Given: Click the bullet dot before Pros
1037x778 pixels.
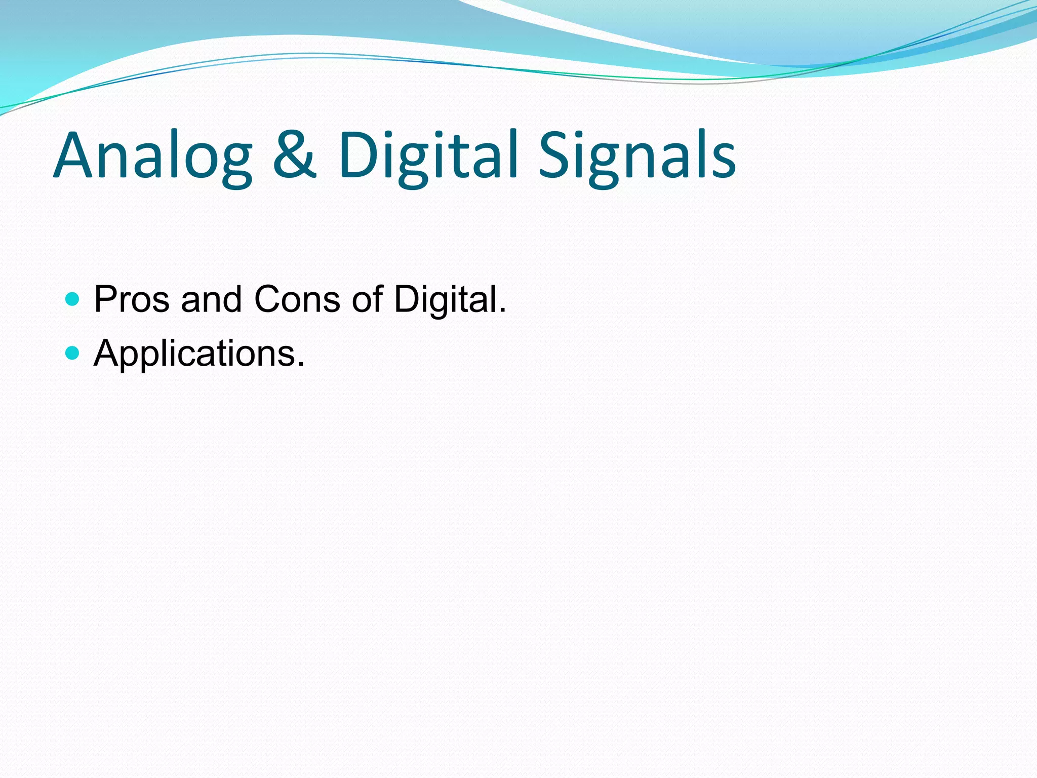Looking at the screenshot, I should point(73,299).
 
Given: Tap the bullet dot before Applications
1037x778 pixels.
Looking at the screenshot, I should point(73,353).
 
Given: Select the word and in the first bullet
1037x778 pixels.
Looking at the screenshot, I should point(211,299).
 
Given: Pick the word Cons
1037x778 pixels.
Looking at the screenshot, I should point(297,299).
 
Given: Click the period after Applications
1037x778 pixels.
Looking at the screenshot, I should point(301,364).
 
